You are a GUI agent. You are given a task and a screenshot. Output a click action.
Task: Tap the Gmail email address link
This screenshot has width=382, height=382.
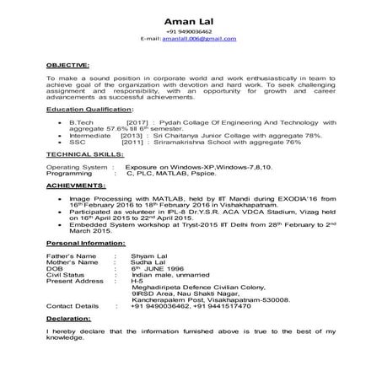point(200,40)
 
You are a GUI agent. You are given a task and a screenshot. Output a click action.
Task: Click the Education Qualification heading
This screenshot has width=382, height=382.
point(85,111)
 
